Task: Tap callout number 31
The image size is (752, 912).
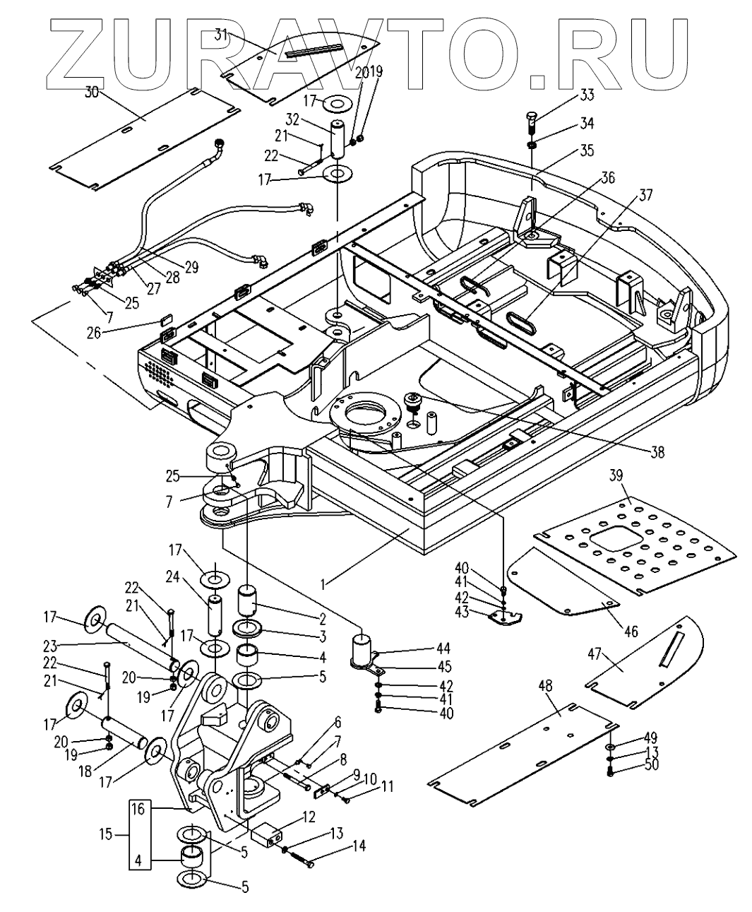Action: point(221,35)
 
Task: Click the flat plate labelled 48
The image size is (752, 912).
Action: point(523,752)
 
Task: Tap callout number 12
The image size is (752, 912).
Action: point(307,817)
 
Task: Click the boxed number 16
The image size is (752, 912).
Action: point(138,810)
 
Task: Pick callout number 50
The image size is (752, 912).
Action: point(651,764)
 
